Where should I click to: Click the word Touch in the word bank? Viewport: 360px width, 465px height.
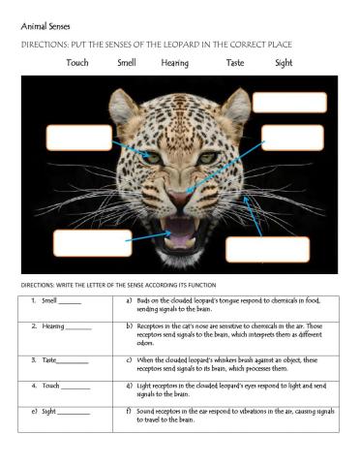77,63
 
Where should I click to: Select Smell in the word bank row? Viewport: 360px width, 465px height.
127,63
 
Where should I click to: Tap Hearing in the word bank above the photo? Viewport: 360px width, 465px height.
175,63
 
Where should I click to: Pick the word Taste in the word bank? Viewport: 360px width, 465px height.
235,63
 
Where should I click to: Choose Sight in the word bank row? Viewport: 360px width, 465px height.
284,63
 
